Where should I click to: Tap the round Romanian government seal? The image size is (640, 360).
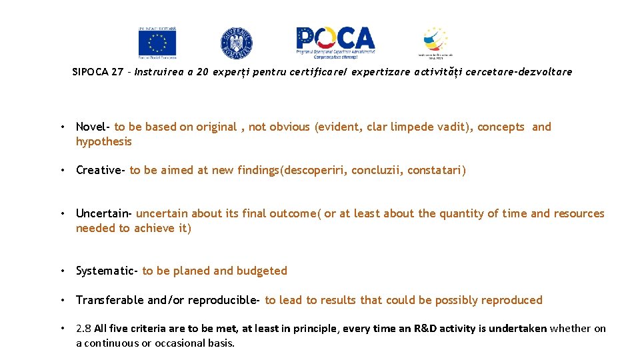tap(237, 43)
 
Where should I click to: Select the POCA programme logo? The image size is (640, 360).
tap(336, 42)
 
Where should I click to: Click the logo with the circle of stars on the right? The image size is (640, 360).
tap(435, 43)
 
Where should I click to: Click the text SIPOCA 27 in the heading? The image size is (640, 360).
tap(97, 72)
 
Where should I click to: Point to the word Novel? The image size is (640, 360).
tap(91, 127)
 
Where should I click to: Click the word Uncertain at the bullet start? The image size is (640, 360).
tap(103, 213)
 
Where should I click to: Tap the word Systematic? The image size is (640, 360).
tap(105, 271)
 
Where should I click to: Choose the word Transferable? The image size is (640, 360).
tap(109, 300)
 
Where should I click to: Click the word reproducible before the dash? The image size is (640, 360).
tap(221, 300)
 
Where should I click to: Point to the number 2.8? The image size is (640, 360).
tap(83, 328)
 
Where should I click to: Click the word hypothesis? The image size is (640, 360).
tap(104, 141)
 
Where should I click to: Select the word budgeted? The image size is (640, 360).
tap(262, 271)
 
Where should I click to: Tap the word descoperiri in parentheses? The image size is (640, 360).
tap(315, 170)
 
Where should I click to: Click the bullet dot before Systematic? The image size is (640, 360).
tap(62, 271)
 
